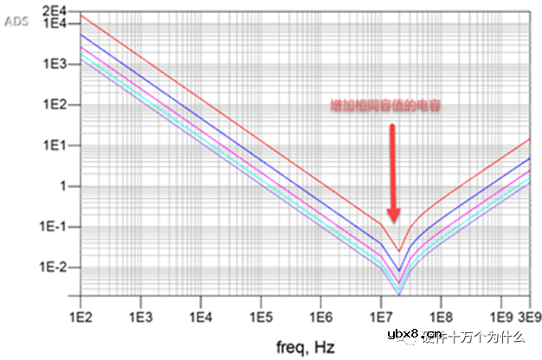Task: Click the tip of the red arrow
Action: coord(393,222)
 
